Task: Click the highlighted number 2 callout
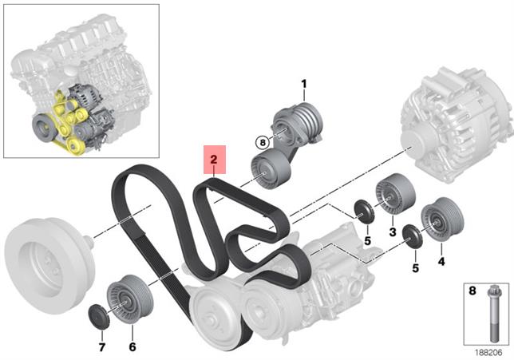coord(215,160)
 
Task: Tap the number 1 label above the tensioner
coord(304,85)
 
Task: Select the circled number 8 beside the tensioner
coord(263,143)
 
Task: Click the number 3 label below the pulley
coord(393,232)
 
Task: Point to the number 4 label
coord(441,261)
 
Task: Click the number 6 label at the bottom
coord(132,347)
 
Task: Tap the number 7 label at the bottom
coord(102,347)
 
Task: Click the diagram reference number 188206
coord(488,353)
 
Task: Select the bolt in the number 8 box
coord(495,314)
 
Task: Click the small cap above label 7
coord(98,316)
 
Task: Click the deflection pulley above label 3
coord(395,194)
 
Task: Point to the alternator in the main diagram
coord(456,125)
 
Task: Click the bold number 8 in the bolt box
coord(472,291)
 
